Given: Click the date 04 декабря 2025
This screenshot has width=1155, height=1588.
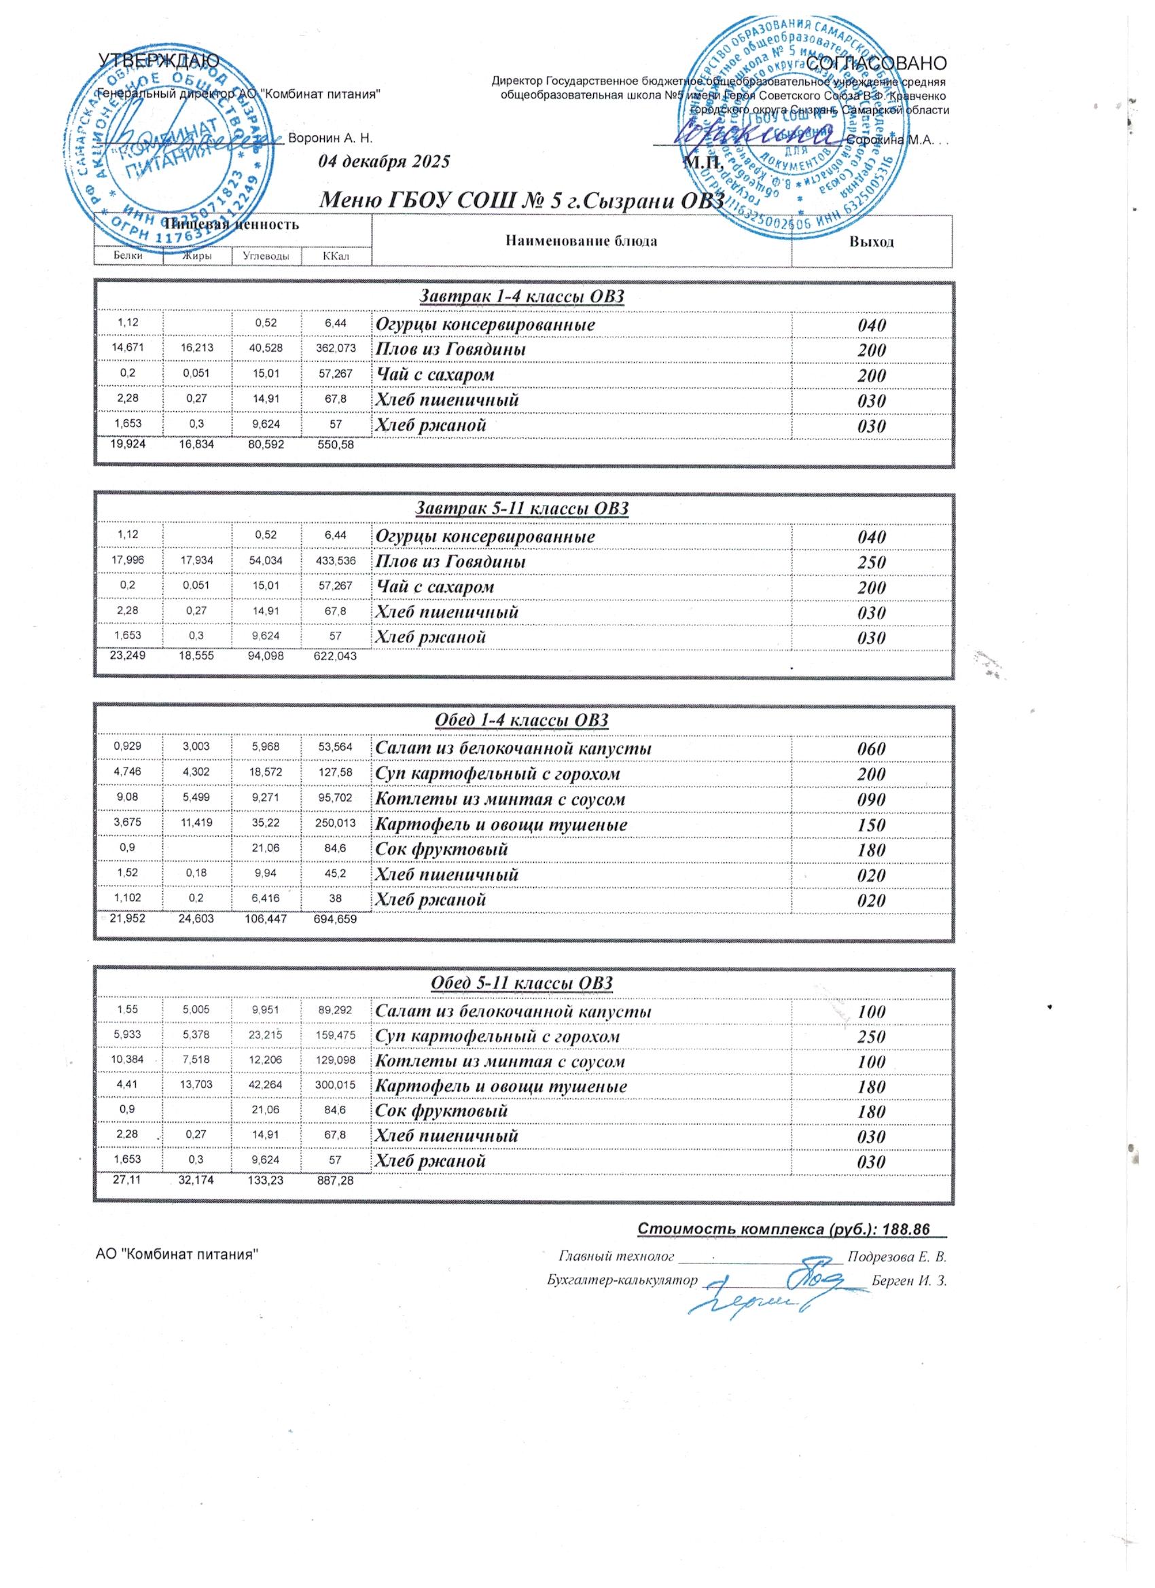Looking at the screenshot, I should click(383, 162).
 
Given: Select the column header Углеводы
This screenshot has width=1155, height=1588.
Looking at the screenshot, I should click(266, 256).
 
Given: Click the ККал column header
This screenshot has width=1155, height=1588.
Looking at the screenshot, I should click(336, 256).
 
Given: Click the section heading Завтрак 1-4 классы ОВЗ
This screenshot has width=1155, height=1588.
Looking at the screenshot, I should click(521, 297).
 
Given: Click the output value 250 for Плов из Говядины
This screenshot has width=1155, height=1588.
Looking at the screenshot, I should click(871, 562).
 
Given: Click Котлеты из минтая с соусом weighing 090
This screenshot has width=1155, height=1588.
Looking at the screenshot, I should click(500, 799).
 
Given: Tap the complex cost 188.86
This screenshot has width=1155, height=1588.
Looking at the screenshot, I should click(909, 1229).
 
